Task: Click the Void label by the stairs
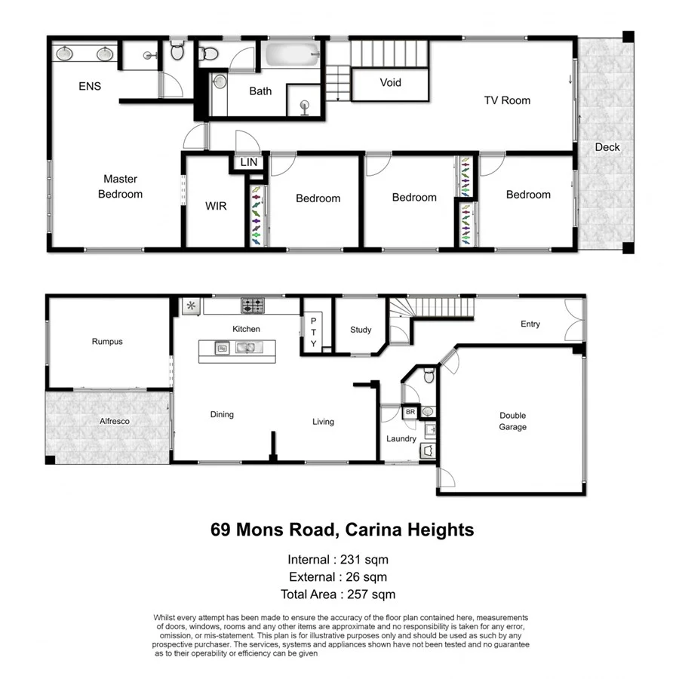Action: tap(390, 83)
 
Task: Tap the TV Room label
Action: tap(507, 100)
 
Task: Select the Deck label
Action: tap(607, 147)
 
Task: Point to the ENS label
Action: tap(90, 86)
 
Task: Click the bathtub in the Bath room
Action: tap(291, 56)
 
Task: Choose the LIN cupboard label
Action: tap(248, 163)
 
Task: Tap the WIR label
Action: tap(215, 205)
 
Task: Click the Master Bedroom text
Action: tap(120, 186)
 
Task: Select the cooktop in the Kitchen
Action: tap(252, 306)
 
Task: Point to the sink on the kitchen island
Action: tap(244, 348)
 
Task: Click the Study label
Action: tap(361, 330)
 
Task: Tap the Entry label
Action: tap(530, 324)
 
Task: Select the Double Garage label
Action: tap(512, 421)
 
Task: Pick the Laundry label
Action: tap(401, 438)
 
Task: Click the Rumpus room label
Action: tap(106, 342)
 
